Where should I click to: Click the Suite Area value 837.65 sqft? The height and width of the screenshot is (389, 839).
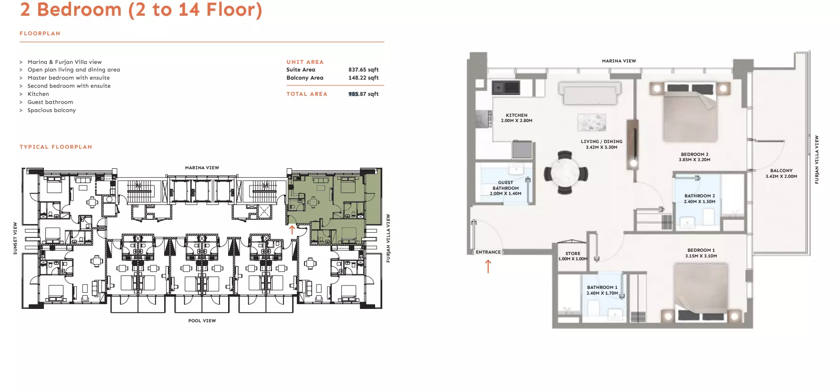[363, 70]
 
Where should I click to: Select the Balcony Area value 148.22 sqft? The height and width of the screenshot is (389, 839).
[363, 78]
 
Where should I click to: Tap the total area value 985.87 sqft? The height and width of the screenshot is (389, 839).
[363, 94]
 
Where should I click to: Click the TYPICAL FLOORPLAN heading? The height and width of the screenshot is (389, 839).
[56, 147]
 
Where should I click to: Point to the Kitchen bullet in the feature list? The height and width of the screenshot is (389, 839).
[38, 94]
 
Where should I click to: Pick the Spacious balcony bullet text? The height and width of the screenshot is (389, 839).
[52, 110]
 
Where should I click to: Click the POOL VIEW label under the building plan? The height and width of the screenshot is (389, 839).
[202, 321]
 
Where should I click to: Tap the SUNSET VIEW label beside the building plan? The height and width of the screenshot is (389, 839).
[15, 238]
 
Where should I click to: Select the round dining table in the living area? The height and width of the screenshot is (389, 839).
[565, 173]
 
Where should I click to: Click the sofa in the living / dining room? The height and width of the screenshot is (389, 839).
[590, 93]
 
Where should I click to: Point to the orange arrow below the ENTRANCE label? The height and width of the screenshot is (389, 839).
[488, 266]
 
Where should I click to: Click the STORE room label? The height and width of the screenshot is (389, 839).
[573, 254]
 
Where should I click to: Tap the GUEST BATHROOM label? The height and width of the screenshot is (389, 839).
[505, 185]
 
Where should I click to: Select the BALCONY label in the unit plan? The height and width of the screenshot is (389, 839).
[781, 171]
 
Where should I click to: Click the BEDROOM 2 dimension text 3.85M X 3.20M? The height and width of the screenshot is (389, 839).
[694, 160]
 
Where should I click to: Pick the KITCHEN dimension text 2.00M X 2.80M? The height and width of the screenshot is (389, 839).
[516, 121]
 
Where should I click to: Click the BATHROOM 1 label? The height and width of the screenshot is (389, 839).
[602, 287]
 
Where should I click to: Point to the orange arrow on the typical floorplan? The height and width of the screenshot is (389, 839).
[292, 230]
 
